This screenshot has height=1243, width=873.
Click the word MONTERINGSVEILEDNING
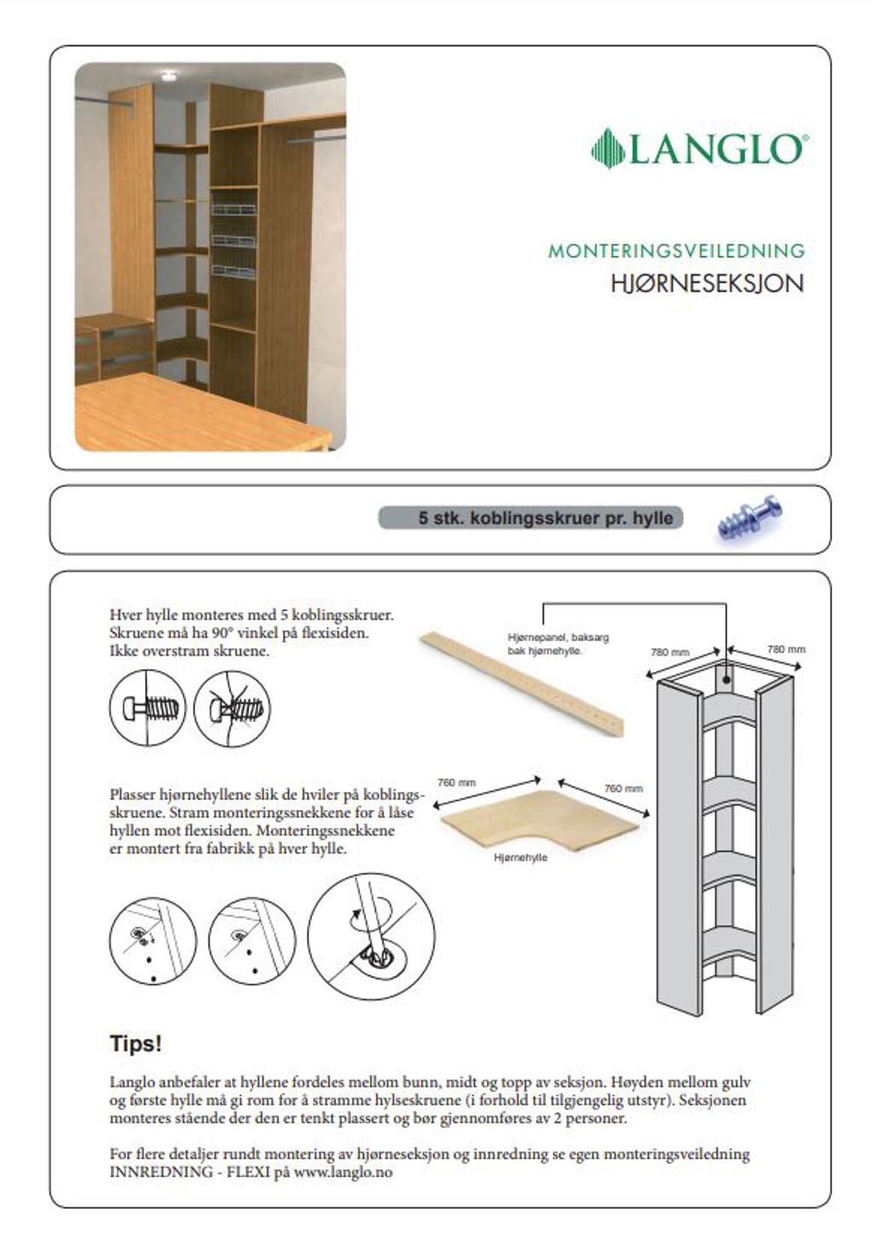tap(676, 251)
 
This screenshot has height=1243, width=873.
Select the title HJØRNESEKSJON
tap(707, 284)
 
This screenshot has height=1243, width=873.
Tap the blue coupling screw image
tap(749, 517)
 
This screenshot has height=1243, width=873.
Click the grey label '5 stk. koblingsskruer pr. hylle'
tap(530, 517)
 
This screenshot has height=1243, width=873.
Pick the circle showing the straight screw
tap(147, 708)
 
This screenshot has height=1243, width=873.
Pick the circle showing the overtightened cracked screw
tap(232, 708)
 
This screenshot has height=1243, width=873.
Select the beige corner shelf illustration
tap(539, 820)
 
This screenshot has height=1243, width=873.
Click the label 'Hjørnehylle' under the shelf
tap(520, 858)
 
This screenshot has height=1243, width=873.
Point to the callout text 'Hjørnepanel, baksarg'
tap(558, 638)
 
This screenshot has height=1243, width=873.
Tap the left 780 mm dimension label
tap(669, 652)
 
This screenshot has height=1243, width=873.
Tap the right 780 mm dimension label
tap(785, 649)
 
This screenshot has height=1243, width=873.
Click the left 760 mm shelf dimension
tap(456, 783)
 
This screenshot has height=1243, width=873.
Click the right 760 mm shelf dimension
tap(623, 789)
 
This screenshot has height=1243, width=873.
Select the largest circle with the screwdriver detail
tap(371, 936)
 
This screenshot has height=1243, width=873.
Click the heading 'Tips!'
tap(136, 1044)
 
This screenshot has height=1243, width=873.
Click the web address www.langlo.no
tap(343, 1172)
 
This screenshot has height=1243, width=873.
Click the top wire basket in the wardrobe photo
tap(234, 210)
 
